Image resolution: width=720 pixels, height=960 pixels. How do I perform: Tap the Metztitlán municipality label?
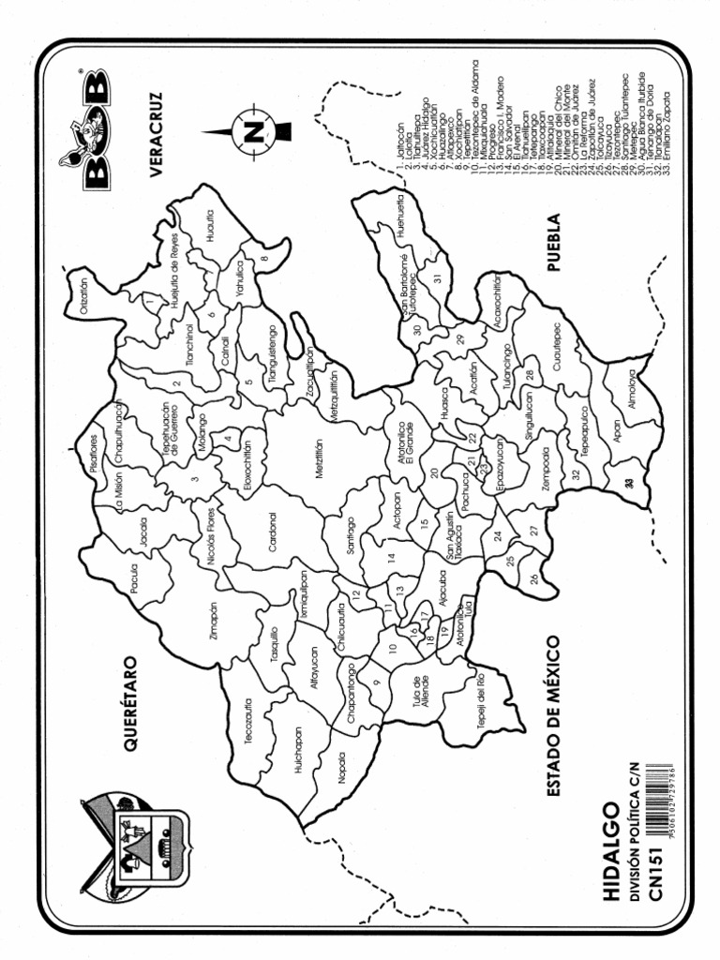click(x=319, y=459)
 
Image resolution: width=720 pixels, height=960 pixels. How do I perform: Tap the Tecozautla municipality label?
click(x=249, y=721)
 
